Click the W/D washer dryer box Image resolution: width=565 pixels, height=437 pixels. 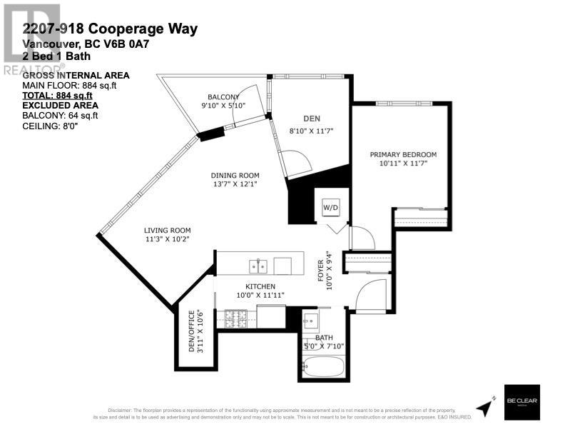[x=331, y=208]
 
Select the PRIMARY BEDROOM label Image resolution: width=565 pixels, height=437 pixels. [x=402, y=154]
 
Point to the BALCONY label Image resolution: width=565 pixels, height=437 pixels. [x=223, y=96]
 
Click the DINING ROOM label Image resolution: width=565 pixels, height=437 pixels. [x=235, y=176]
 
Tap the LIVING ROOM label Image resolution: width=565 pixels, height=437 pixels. [x=168, y=230]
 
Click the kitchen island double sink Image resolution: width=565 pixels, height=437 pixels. [x=258, y=266]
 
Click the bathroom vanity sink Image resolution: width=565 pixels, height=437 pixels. [x=312, y=318]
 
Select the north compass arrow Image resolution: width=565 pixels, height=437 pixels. [x=487, y=406]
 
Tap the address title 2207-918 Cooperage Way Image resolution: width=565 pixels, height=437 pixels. [x=110, y=29]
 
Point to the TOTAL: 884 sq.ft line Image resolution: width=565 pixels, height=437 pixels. [x=57, y=95]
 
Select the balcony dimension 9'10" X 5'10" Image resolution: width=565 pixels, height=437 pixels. [x=223, y=106]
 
